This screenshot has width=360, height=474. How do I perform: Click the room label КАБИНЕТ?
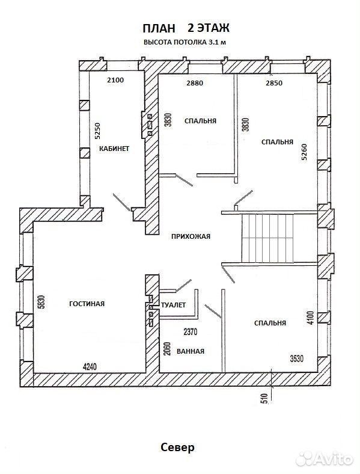point(114,149)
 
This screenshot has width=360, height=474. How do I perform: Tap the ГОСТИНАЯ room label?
point(87,304)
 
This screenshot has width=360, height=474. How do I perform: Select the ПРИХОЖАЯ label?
point(191,236)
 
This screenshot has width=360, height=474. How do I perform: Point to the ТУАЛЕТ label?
point(173,305)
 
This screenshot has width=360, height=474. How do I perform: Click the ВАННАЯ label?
point(191,351)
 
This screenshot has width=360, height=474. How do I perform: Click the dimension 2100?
point(115,80)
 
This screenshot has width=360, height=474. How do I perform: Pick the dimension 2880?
point(195,83)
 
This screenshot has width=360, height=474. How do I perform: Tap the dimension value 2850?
point(274,83)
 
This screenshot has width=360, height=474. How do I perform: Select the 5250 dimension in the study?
point(97,131)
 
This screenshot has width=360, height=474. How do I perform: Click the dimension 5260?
point(304,152)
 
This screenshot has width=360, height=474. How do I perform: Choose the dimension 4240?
point(90,367)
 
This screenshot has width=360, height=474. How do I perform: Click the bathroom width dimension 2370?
point(191,332)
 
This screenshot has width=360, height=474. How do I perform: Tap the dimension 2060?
point(168,348)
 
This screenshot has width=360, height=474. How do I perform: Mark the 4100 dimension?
point(312,318)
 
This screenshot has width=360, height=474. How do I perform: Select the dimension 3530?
point(296,359)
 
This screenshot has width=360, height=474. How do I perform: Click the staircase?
point(267,239)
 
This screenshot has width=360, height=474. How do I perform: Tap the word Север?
point(177,447)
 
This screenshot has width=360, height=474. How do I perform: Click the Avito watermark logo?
point(325,459)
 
